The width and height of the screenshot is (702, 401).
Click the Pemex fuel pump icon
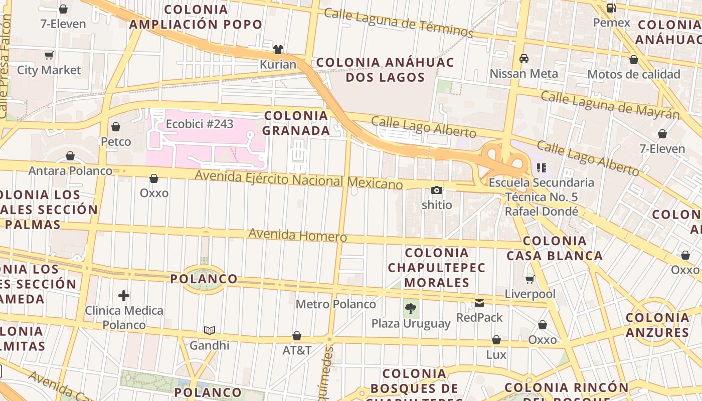point(611,8)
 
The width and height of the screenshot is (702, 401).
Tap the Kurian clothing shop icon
point(278,49)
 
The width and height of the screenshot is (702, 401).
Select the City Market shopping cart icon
point(49,55)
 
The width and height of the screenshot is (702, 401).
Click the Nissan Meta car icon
point(524,59)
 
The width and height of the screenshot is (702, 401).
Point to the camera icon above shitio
point(437,190)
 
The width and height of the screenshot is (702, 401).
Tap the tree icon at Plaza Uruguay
point(411,308)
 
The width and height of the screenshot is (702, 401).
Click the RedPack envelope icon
point(479,303)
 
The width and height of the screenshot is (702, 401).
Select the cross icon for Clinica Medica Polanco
point(124,296)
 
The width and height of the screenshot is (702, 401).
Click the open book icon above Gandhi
point(210,330)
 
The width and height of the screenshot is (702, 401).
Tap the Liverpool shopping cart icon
point(530,279)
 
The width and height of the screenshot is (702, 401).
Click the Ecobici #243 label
point(200,124)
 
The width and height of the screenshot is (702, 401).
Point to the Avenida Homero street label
point(297,235)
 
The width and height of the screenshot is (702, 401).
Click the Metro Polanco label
point(335,304)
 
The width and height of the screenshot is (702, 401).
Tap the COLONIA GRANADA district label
point(296,123)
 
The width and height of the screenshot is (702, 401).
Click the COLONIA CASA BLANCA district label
point(555,248)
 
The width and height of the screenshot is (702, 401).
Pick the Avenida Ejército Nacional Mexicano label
point(298,179)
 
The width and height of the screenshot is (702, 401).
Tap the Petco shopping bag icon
point(116,127)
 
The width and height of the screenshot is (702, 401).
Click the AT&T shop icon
point(297,336)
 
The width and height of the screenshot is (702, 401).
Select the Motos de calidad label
point(633,75)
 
